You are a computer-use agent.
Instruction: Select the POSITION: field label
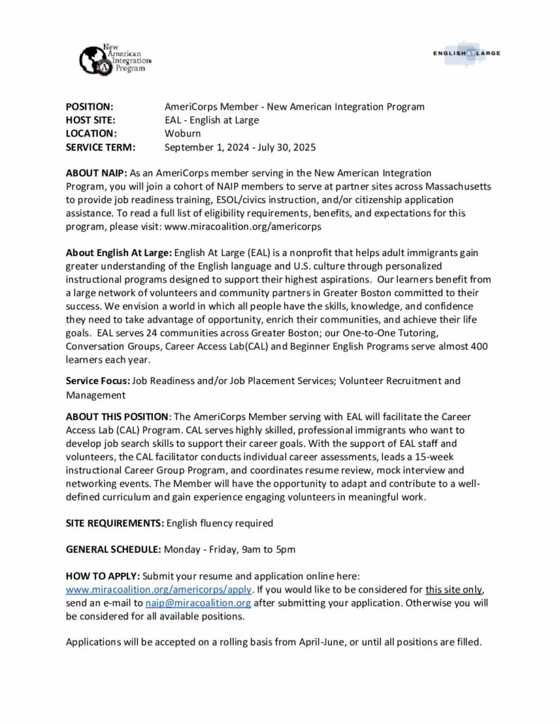pos(89,107)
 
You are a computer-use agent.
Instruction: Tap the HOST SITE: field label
pos(91,120)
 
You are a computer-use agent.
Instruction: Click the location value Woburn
pos(183,134)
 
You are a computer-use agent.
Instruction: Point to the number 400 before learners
pos(481,346)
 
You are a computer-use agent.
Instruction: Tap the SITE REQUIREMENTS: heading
pos(114,523)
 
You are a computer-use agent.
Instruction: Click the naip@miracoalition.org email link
pos(198,602)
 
